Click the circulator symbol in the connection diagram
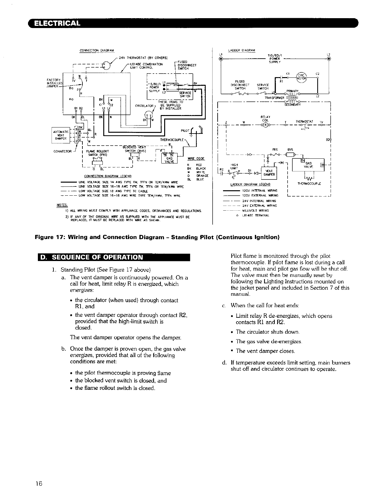[x=149, y=117]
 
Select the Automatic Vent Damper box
[x=60, y=134]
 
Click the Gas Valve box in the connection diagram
[x=169, y=158]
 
